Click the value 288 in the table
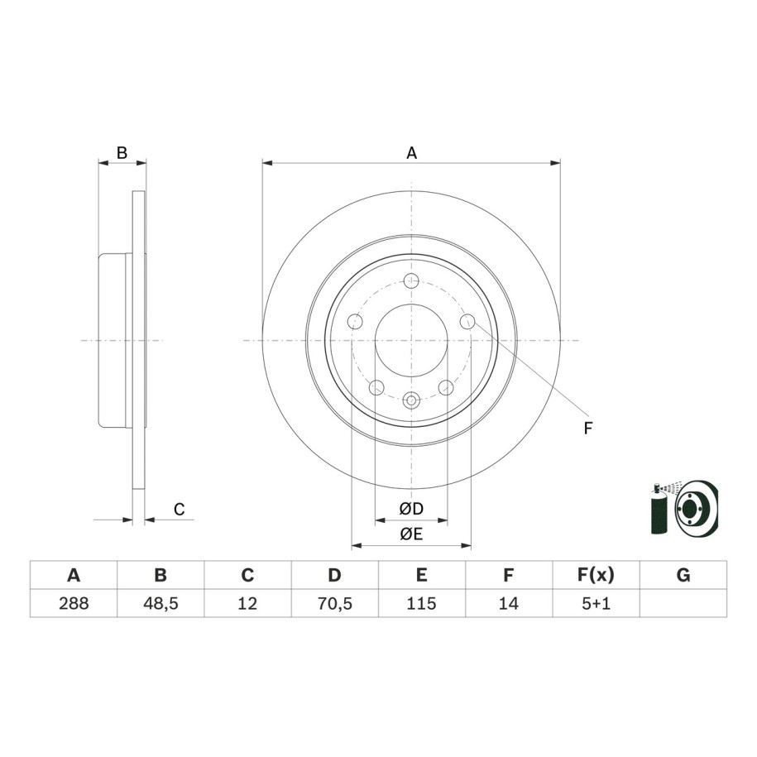pyautogui.click(x=74, y=603)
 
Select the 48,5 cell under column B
pyautogui.click(x=161, y=603)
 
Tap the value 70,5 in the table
pyautogui.click(x=334, y=603)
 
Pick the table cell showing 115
pyautogui.click(x=422, y=603)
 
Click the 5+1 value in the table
pyautogui.click(x=596, y=603)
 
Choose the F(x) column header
pyautogui.click(x=596, y=575)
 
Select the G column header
pyautogui.click(x=683, y=575)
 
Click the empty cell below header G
pyautogui.click(x=683, y=603)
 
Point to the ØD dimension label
pyautogui.click(x=411, y=508)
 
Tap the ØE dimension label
pyautogui.click(x=411, y=534)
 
